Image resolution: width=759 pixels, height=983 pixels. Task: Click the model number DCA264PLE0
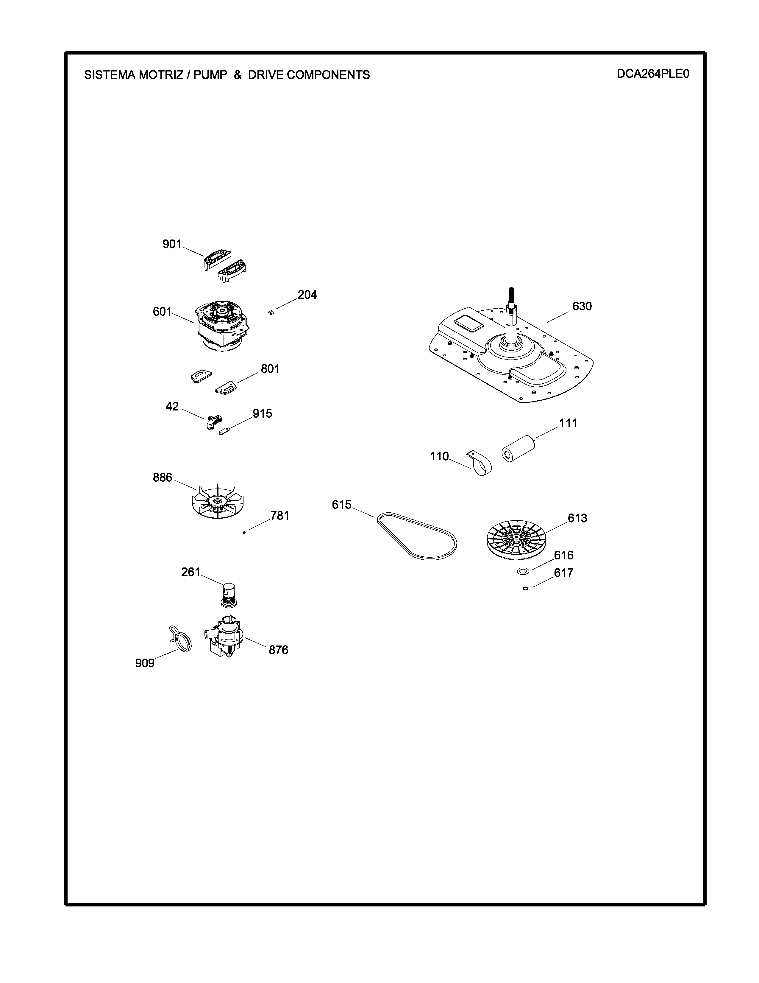pyautogui.click(x=652, y=74)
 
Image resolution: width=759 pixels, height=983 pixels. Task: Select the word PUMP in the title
pyautogui.click(x=210, y=75)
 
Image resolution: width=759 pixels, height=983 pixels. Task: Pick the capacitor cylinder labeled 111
pyautogui.click(x=518, y=448)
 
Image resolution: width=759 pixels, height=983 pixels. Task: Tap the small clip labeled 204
pyautogui.click(x=271, y=312)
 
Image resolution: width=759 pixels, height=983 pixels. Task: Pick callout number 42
pyautogui.click(x=172, y=406)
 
